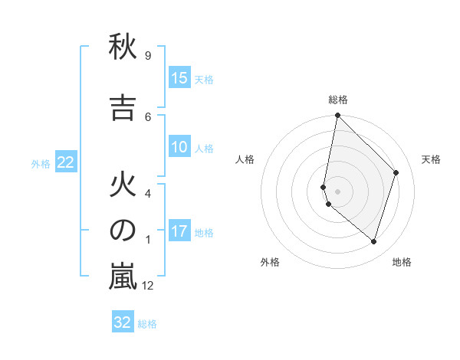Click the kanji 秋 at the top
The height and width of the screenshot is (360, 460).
pyautogui.click(x=123, y=47)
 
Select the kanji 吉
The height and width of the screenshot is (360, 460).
pyautogui.click(x=123, y=108)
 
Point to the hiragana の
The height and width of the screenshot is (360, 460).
pyautogui.click(x=123, y=231)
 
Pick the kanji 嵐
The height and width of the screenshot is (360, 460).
pyautogui.click(x=123, y=277)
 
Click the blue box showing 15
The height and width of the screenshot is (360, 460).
pyautogui.click(x=179, y=78)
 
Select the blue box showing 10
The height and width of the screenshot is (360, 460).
pyautogui.click(x=179, y=147)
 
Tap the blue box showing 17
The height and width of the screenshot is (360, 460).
pyautogui.click(x=179, y=231)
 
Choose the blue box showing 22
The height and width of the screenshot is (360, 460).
pyautogui.click(x=66, y=162)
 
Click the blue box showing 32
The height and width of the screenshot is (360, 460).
pyautogui.click(x=123, y=322)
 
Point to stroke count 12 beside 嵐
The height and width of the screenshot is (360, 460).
pyautogui.click(x=148, y=286)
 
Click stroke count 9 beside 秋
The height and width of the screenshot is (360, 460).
pyautogui.click(x=147, y=55)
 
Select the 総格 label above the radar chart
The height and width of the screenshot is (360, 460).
pyautogui.click(x=338, y=100)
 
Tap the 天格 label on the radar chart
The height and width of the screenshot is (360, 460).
pyautogui.click(x=431, y=159)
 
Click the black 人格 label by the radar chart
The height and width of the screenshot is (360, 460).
pyautogui.click(x=245, y=159)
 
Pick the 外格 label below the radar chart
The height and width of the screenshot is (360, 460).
pyautogui.click(x=270, y=262)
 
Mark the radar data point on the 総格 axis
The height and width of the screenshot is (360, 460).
pyautogui.click(x=338, y=115)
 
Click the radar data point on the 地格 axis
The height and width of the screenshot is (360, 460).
pyautogui.click(x=374, y=241)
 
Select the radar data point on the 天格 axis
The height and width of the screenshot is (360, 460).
pyautogui.click(x=396, y=172)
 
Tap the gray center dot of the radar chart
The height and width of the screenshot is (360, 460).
pyautogui.click(x=338, y=191)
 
